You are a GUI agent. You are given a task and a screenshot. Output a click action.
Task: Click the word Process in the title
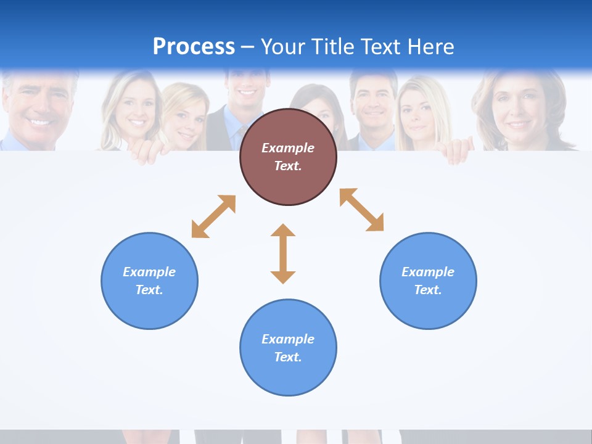click(x=194, y=47)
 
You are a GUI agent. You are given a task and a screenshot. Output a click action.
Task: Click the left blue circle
click(x=149, y=281)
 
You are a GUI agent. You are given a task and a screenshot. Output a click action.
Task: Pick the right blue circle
click(x=428, y=281)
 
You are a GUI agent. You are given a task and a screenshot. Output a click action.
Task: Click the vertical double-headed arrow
click(x=283, y=253)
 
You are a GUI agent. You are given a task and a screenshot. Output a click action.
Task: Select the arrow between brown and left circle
click(x=213, y=216)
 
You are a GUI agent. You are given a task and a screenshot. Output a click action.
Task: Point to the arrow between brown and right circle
click(x=361, y=210)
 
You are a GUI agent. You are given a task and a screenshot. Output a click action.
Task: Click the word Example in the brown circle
click(x=288, y=148)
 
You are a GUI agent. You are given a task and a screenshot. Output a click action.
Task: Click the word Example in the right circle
click(x=428, y=272)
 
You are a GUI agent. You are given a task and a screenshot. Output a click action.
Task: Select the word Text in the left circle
click(x=149, y=290)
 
